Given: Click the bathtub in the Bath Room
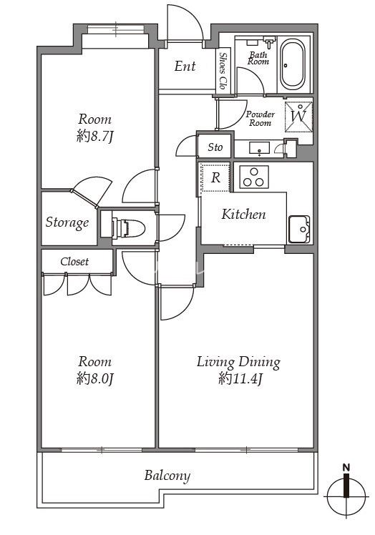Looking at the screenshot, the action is [x=292, y=64].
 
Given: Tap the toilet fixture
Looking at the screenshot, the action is [x=128, y=227].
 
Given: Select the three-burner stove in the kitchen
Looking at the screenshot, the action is [x=254, y=177].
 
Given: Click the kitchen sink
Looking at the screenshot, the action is [x=300, y=230].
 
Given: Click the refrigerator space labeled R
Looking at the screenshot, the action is [x=215, y=177].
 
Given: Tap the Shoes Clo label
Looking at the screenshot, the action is [x=223, y=71].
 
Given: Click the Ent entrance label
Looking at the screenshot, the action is [x=185, y=67].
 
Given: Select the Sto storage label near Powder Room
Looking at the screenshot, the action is [x=215, y=147].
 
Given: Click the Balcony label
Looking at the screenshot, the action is [x=167, y=476].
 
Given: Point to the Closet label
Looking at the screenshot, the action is [x=74, y=262].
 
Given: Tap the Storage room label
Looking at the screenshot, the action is [x=67, y=222].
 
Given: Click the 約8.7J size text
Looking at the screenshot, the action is [x=95, y=137].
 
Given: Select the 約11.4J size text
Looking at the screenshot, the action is [x=240, y=378].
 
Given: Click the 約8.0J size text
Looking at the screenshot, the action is [x=94, y=378].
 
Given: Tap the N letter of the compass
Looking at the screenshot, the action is [x=346, y=467].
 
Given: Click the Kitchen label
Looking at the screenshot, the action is [x=243, y=215].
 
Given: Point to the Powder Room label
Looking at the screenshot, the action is [x=260, y=119].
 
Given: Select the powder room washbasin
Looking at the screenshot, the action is [x=260, y=149].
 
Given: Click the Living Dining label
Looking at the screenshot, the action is [x=238, y=363].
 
